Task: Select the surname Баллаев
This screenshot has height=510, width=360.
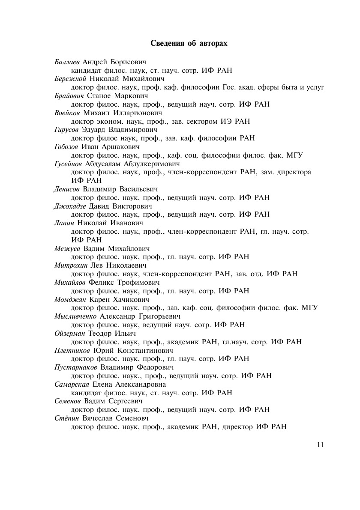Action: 67,62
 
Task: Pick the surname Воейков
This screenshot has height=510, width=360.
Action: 68,113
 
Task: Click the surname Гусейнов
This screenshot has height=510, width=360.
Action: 69,164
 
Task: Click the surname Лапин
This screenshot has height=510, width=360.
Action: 65,223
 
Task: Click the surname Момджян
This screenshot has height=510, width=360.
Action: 71,299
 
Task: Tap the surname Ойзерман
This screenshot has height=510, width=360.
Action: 70,333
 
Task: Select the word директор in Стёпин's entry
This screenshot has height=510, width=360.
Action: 237,426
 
